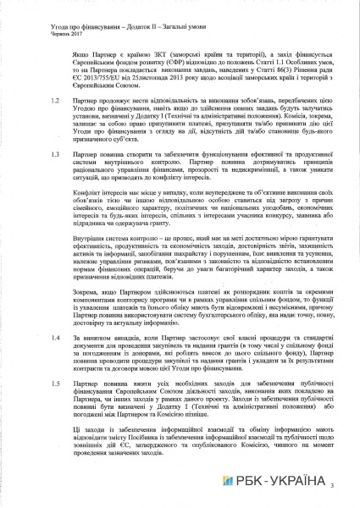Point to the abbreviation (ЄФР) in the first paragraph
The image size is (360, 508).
(x=187, y=62)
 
